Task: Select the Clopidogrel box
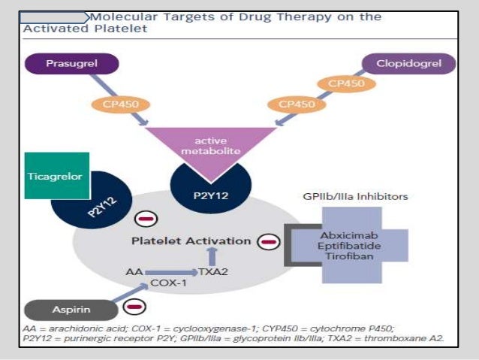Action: coord(409,63)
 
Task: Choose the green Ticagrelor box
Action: coord(56,176)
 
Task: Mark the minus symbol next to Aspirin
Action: coord(136,307)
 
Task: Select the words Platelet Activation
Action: coord(191,241)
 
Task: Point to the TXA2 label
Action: coord(213,270)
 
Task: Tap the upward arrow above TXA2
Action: coord(212,255)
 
